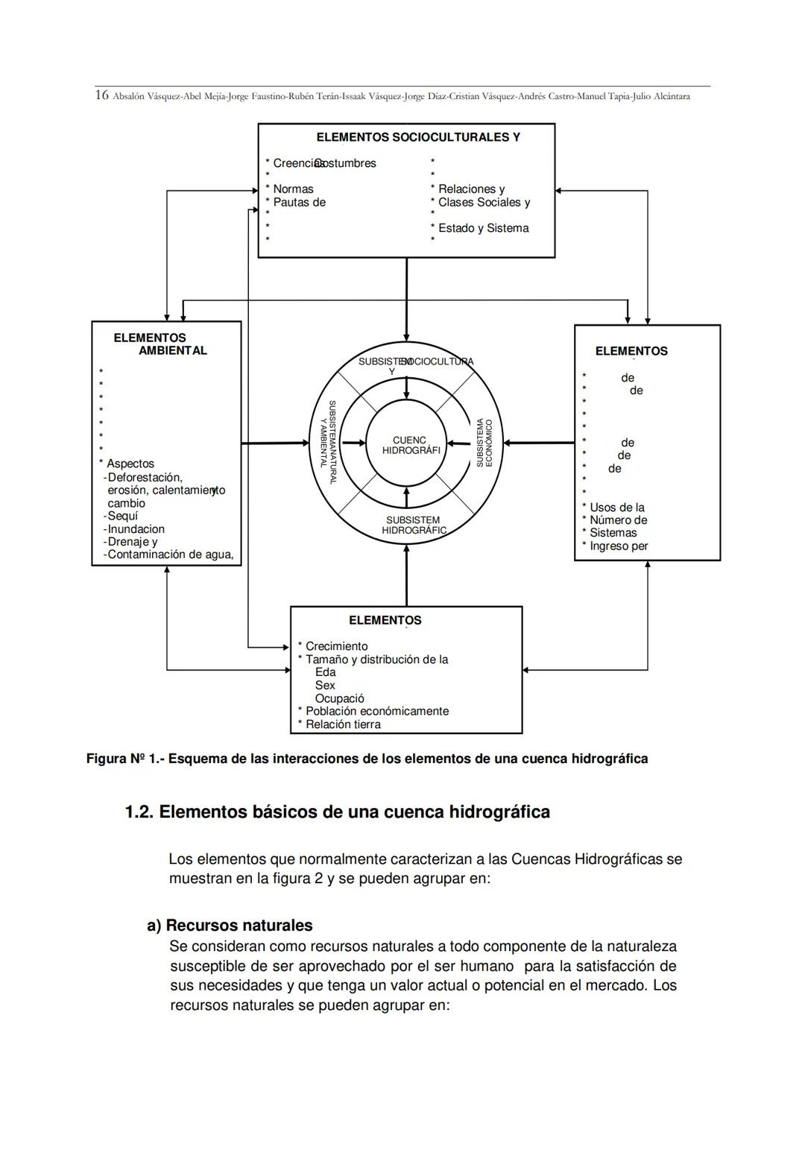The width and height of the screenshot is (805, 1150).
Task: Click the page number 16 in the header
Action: (102, 95)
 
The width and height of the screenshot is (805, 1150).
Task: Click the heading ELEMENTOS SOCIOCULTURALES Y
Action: (417, 137)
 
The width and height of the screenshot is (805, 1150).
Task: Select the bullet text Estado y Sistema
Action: (483, 228)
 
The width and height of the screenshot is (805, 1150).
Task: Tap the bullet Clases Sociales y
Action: (484, 202)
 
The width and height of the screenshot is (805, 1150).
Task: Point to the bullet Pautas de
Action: (299, 202)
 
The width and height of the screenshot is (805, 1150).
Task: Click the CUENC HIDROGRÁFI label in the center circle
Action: (411, 445)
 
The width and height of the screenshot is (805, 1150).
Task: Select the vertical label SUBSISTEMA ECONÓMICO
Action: (484, 443)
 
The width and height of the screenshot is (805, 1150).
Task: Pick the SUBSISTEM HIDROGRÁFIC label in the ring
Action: (414, 525)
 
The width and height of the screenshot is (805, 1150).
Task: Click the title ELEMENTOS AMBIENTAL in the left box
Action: (160, 344)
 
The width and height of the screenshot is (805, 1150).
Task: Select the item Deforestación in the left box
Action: (145, 477)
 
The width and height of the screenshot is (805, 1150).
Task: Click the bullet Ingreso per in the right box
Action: (619, 546)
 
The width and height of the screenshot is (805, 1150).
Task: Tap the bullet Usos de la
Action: (616, 508)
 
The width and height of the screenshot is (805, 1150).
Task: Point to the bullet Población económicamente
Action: (376, 711)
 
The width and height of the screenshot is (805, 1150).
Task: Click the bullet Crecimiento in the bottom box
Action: (336, 646)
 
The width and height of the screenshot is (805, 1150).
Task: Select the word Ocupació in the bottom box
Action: (339, 698)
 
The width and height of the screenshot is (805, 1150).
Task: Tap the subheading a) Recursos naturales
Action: (230, 926)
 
